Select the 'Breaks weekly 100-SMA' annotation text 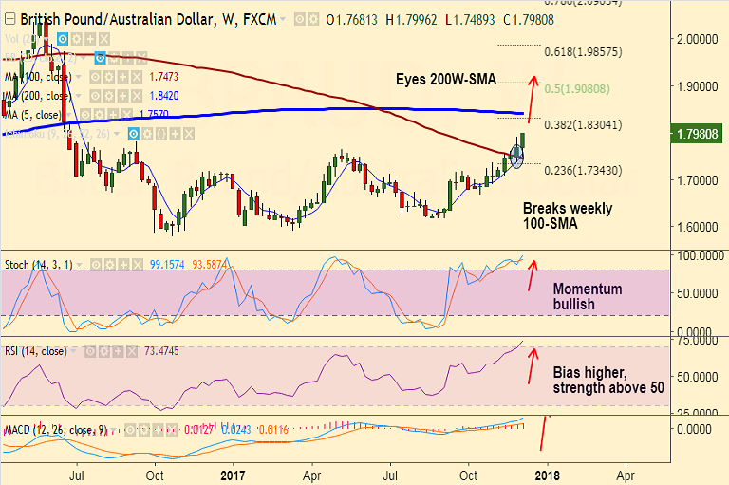tap(568, 217)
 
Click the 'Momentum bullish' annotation tap(588, 296)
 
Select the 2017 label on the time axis tap(234, 475)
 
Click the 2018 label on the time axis tap(545, 475)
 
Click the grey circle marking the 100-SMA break tap(515, 157)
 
